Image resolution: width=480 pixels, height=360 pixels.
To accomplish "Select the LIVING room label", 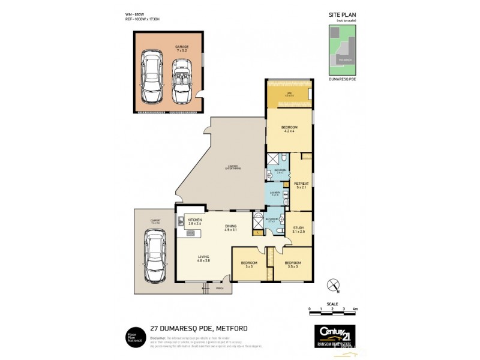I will click(x=203, y=259).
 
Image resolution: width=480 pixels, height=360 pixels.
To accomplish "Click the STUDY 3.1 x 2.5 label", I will click(x=299, y=229).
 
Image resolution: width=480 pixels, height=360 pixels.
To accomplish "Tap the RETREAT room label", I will click(x=301, y=185).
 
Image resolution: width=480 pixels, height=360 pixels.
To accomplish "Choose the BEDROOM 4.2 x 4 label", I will click(x=290, y=130).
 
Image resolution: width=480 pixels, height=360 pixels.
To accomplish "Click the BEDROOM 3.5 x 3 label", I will click(x=293, y=265).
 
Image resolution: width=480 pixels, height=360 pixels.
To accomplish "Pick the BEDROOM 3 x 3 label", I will click(x=249, y=265).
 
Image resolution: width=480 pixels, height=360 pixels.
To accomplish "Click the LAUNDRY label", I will click(x=275, y=193).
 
